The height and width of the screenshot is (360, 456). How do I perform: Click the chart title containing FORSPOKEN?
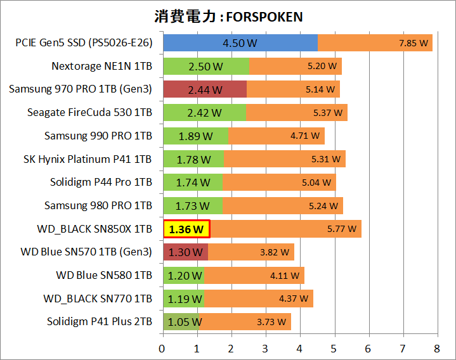pos(228,15)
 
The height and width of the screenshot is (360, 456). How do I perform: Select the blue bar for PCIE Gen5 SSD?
pos(240,43)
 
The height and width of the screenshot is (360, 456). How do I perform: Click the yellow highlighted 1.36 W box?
pos(187,229)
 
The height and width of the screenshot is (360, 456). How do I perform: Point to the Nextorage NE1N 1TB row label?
pos(102,66)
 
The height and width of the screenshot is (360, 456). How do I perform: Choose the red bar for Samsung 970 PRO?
pos(204,89)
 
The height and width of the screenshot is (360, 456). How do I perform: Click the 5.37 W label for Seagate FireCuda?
pos(328,113)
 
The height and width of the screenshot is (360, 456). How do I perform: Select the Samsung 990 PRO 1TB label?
pos(98,136)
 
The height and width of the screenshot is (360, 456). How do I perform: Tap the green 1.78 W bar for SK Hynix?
pos(193,159)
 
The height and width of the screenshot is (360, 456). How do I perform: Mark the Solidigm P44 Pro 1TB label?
pos(101,183)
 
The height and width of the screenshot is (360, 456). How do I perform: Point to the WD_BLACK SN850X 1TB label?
pos(95,229)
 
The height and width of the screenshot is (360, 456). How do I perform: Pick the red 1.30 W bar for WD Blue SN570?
pos(185,252)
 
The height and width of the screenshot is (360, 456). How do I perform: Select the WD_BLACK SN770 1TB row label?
pos(98,299)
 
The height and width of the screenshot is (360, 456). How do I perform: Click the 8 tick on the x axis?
pos(436,348)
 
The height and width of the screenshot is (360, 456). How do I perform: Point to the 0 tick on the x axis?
pos(162,348)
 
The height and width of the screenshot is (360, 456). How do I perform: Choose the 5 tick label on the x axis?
pos(334,348)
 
